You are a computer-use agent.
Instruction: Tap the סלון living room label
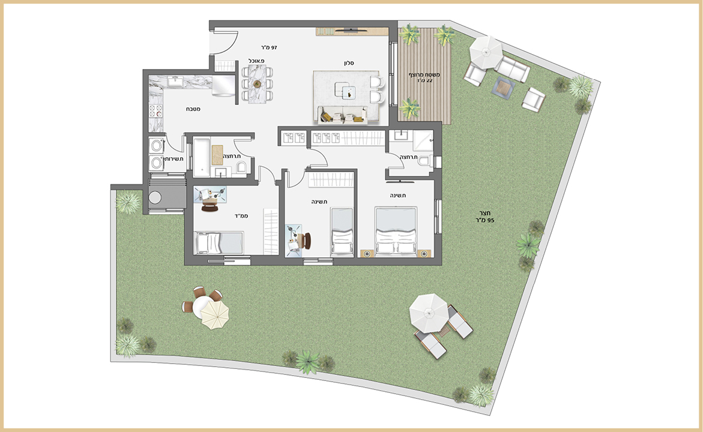[349, 63]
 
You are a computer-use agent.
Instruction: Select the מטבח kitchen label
[193, 109]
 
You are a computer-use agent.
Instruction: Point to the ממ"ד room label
[241, 216]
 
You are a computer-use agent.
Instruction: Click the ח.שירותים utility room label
[173, 159]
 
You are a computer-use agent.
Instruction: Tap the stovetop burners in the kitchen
[155, 110]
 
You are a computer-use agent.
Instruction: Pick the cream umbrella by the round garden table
[215, 314]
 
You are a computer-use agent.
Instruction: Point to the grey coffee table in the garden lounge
[503, 87]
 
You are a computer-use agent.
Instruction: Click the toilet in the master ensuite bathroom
[424, 160]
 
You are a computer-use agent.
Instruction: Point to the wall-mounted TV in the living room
[352, 29]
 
